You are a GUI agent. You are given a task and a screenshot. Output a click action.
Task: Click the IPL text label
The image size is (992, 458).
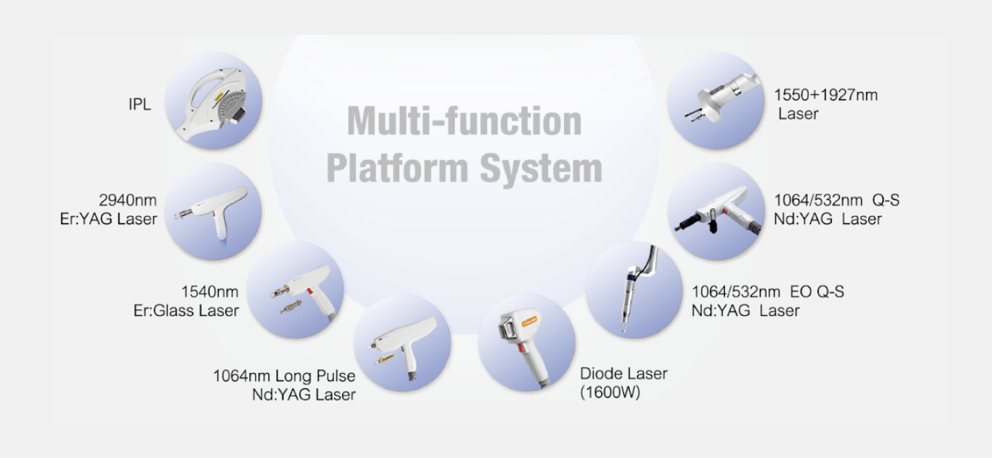click(140, 106)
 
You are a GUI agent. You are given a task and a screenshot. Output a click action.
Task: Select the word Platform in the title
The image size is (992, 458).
click(397, 168)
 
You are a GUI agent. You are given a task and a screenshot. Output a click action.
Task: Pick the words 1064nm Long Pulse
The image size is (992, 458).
click(284, 376)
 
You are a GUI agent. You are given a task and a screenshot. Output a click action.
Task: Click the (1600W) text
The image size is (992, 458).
click(610, 393)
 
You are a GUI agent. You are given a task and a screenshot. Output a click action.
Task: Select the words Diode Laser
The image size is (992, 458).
click(623, 374)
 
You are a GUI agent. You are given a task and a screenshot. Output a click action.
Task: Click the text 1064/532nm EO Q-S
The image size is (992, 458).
click(767, 292)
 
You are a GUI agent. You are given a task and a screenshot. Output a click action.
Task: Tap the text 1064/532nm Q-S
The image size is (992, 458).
click(836, 200)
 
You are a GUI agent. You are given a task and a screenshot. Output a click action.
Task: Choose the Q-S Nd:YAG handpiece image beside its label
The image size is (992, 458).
click(715, 211)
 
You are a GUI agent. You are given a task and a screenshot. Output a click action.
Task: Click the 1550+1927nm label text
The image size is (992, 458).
click(826, 95)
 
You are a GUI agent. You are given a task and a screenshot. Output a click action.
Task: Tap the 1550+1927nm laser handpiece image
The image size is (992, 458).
click(715, 100)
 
